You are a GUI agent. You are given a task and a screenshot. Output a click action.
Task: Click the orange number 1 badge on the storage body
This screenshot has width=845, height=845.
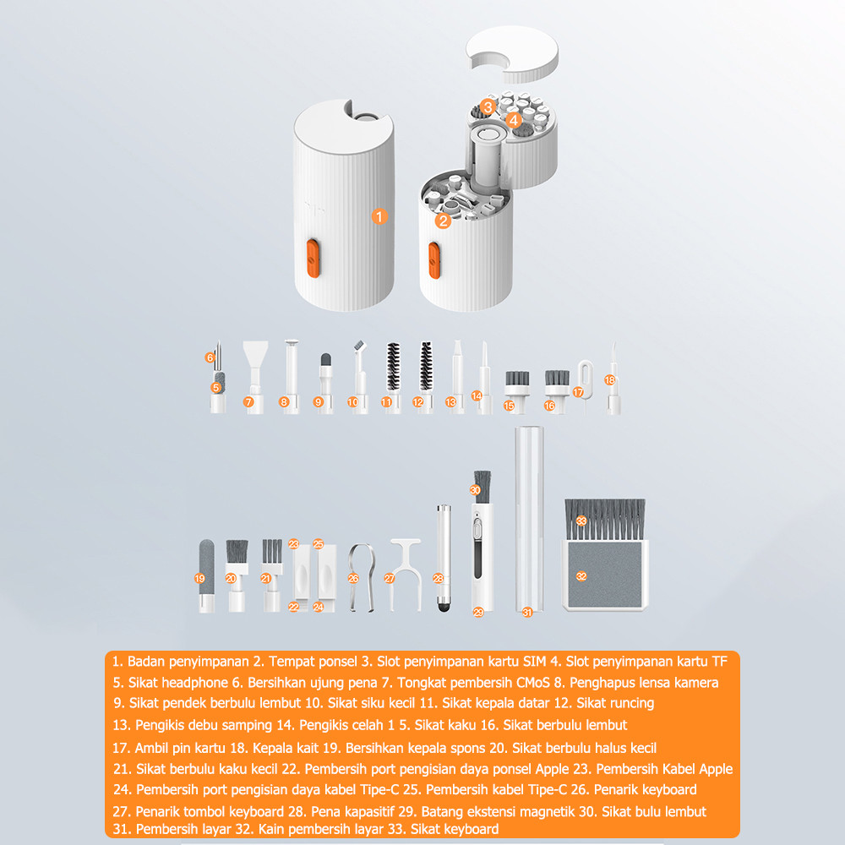click(x=379, y=216)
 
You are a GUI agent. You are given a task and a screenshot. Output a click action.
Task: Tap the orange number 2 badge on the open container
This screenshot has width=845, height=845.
click(x=443, y=221)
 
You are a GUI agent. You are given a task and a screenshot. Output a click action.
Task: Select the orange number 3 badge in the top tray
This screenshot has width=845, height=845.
click(x=488, y=106)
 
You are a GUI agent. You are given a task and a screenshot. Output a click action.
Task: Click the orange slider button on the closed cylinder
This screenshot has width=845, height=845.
click(x=313, y=259)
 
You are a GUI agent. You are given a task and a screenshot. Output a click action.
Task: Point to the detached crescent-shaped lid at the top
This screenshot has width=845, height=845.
click(x=512, y=54)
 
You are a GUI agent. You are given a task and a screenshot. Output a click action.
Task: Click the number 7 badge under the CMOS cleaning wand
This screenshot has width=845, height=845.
click(x=248, y=402)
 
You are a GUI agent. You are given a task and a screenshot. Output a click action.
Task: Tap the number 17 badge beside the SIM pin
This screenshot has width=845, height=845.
click(x=578, y=392)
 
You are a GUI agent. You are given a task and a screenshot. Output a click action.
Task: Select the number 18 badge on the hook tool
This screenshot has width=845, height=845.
click(x=609, y=380)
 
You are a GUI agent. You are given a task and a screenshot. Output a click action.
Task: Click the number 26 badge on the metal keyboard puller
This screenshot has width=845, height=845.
click(x=353, y=578)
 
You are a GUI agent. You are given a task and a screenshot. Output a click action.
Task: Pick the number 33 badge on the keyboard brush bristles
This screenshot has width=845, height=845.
click(x=581, y=521)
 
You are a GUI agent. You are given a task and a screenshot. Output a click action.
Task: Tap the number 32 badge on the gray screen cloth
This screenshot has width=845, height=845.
click(x=581, y=576)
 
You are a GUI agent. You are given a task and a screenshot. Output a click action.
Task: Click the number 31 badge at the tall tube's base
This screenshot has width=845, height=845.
click(x=527, y=612)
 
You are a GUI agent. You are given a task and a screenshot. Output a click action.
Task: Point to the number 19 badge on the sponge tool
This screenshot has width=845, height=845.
click(x=200, y=578)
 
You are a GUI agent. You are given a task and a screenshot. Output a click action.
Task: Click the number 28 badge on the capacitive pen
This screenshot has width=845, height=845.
click(x=438, y=578)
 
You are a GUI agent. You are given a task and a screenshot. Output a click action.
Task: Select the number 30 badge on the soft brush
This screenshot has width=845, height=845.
click(x=475, y=490)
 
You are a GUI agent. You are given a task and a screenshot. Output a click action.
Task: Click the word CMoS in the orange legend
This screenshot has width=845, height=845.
click(x=532, y=683)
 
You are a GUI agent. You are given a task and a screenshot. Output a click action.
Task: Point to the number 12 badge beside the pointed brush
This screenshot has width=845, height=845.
click(x=418, y=402)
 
